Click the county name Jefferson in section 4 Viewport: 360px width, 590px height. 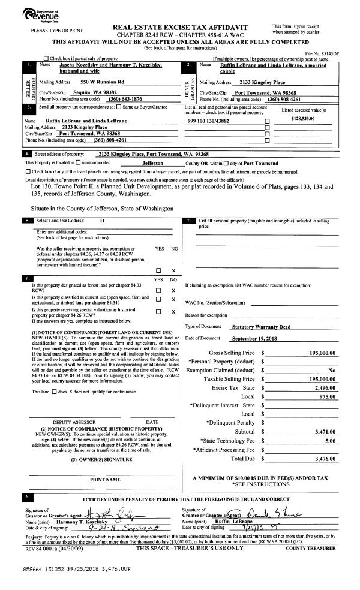(x=156, y=163)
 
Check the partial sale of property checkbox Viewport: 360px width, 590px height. (x=46, y=58)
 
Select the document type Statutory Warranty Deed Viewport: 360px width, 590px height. (x=260, y=327)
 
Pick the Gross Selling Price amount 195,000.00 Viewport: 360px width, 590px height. (x=322, y=353)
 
